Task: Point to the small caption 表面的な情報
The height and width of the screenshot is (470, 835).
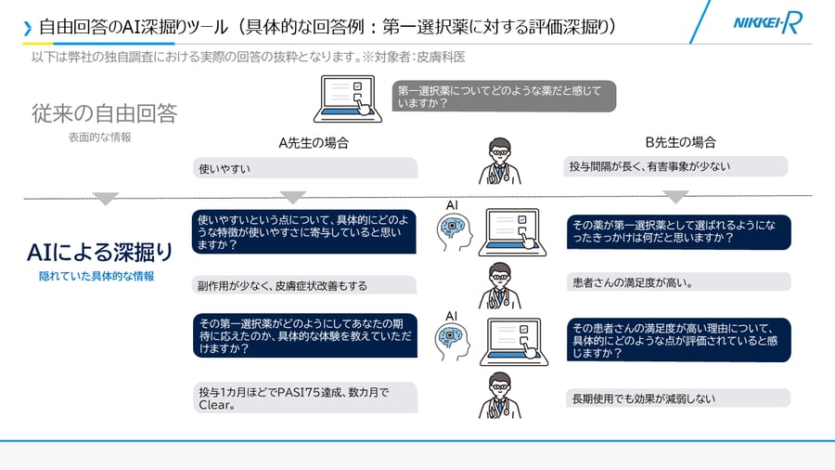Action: (99, 137)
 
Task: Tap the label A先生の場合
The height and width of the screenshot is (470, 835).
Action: (314, 143)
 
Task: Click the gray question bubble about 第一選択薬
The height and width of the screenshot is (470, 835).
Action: (504, 97)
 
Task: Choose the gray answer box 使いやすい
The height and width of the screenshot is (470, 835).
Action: (305, 168)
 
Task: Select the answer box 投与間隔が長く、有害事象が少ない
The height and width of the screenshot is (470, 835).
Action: (675, 166)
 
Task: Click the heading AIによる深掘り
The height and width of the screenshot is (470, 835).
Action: (100, 252)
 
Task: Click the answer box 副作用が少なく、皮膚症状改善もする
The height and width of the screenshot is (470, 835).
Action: (305, 285)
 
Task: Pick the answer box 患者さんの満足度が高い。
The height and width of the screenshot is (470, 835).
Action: (677, 281)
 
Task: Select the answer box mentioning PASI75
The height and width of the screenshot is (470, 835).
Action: (305, 398)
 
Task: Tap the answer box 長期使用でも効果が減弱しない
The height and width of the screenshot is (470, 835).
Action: (677, 398)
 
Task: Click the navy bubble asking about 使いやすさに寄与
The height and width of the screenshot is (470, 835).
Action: (304, 232)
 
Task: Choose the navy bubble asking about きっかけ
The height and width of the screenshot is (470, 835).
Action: (678, 231)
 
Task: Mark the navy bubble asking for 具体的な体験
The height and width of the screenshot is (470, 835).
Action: (304, 335)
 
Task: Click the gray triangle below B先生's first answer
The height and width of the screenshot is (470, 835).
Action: (675, 197)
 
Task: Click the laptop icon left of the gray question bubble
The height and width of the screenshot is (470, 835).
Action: (346, 98)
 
